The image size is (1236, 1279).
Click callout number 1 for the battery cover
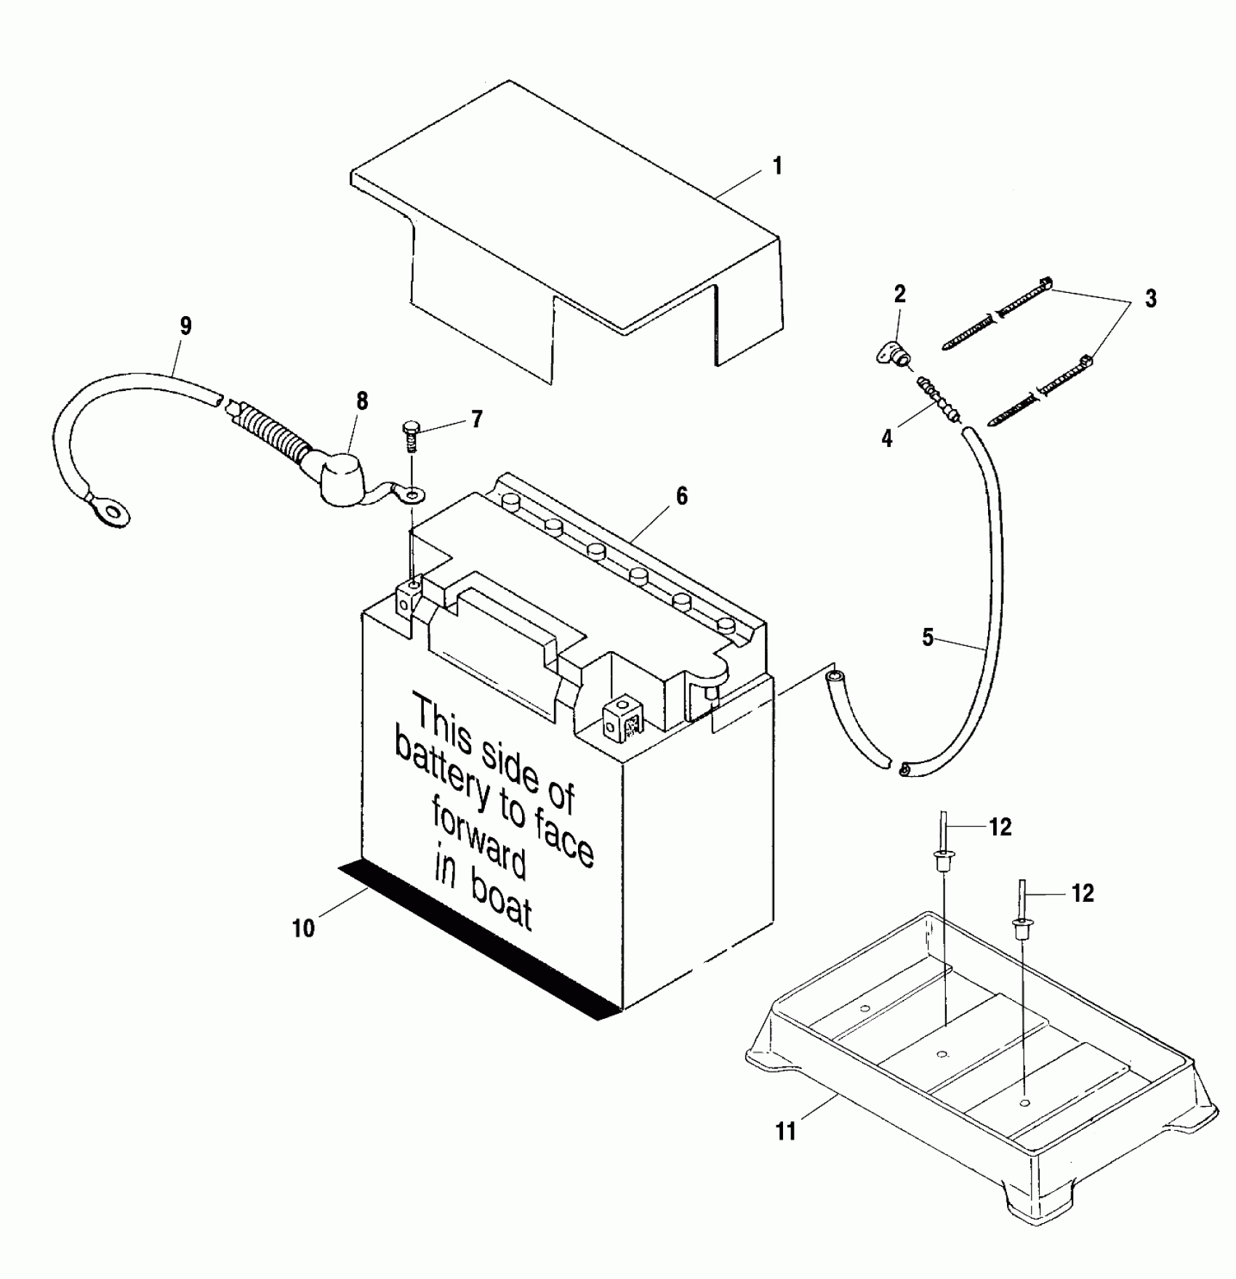click(777, 166)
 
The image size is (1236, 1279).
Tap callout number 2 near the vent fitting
click(900, 294)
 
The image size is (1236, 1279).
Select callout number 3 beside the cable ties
click(1150, 298)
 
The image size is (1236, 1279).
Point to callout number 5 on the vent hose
click(928, 637)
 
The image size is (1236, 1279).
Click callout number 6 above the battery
click(681, 496)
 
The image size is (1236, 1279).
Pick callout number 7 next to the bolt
click(476, 419)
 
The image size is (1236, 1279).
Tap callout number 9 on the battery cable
click(185, 326)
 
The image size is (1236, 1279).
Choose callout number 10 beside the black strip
click(303, 929)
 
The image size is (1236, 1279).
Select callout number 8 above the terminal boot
click(361, 401)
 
